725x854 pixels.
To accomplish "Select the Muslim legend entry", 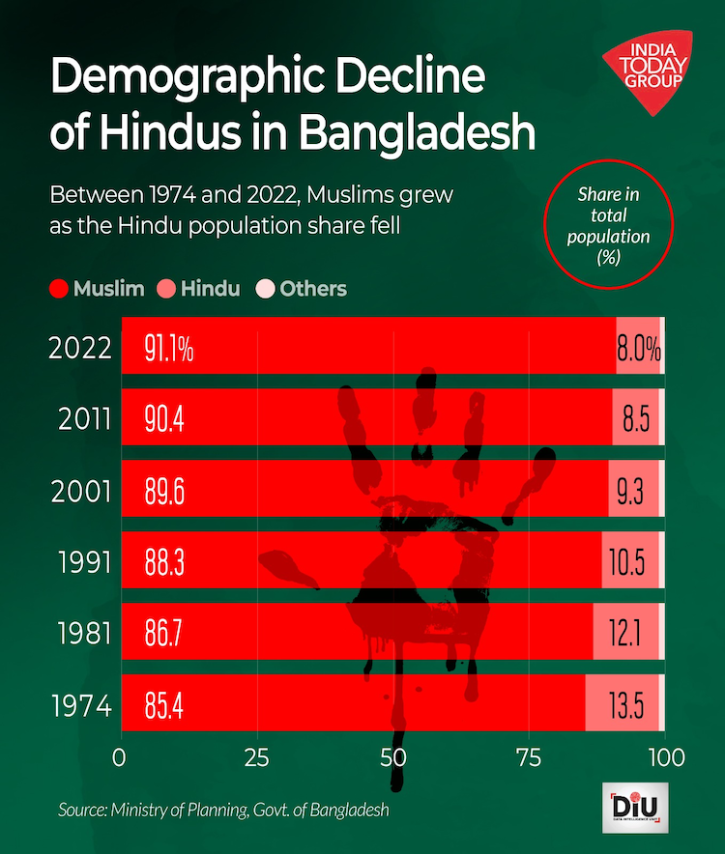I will pos(97,288).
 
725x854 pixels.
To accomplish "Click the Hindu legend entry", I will pos(199,288).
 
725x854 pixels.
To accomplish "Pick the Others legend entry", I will pos(301,288).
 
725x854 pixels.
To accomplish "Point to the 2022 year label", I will pos(80,348).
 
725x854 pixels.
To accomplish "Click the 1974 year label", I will pos(80,705).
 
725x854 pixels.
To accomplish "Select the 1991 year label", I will pos(80,562).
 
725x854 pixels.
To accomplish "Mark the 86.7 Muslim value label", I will pos(165,634).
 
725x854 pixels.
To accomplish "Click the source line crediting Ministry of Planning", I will pos(223,810).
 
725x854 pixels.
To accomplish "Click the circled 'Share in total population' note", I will pos(608,227).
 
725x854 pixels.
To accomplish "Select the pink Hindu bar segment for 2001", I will pos(633,491).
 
